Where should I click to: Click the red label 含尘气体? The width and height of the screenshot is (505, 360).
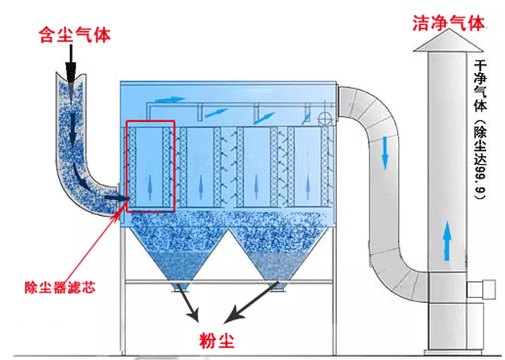pos(74,35)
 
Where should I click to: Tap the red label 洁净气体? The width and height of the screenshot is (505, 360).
pos(448,23)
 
